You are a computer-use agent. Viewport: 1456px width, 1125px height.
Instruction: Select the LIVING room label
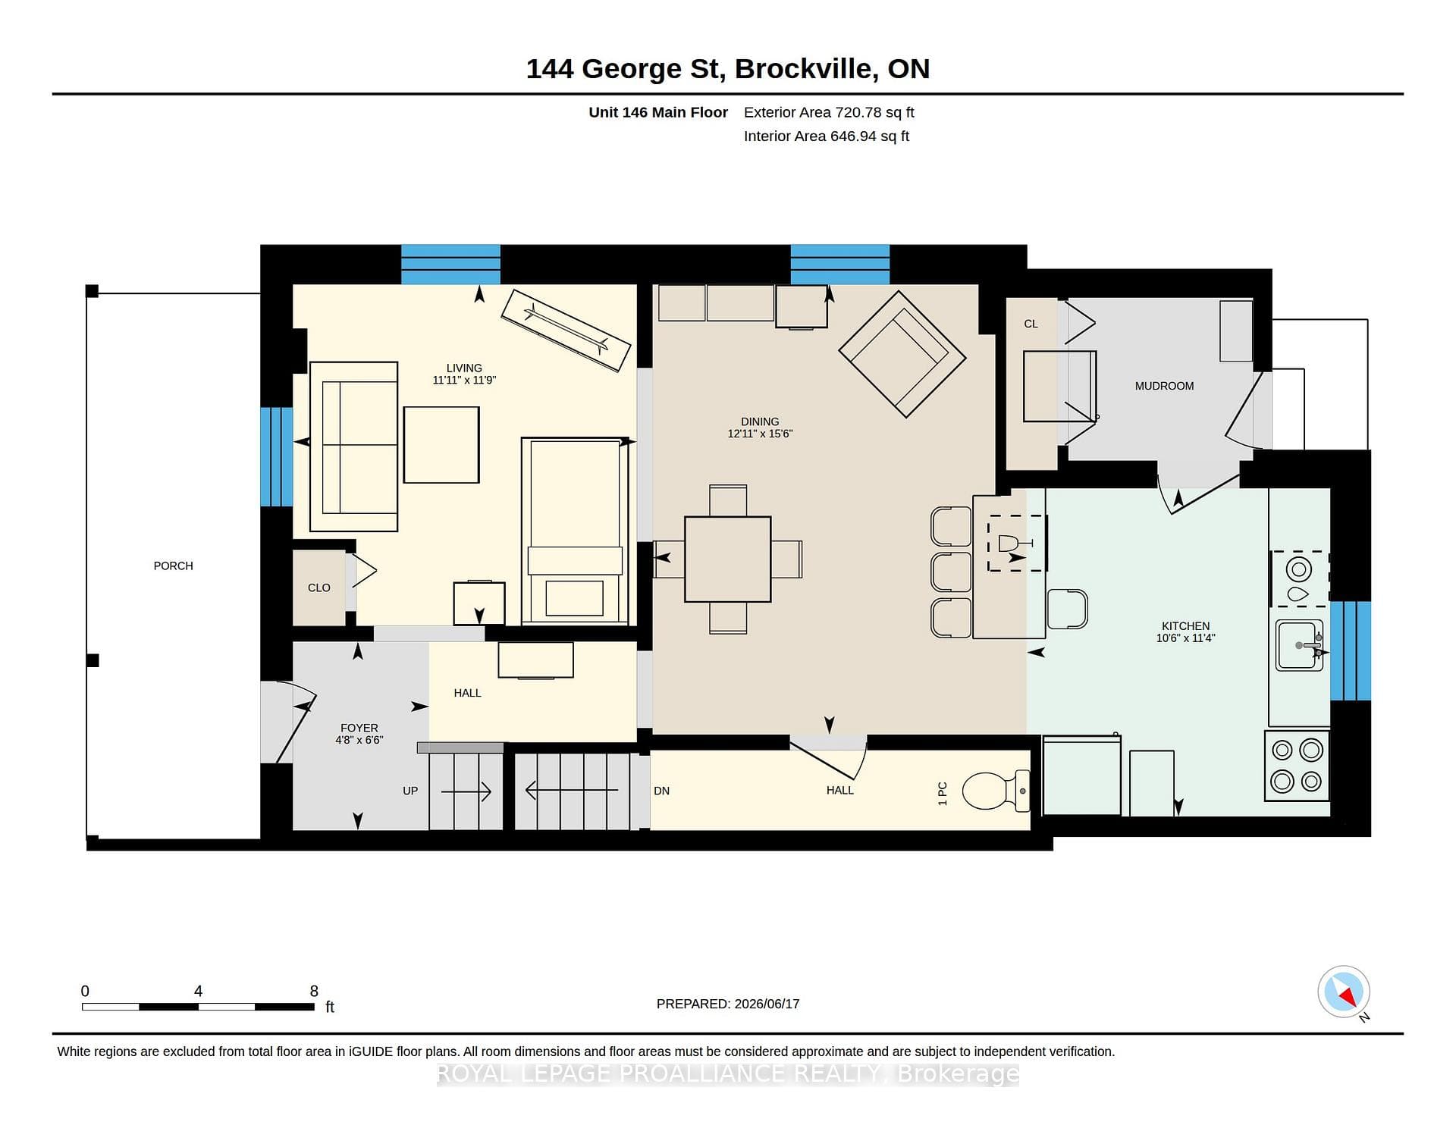[464, 368]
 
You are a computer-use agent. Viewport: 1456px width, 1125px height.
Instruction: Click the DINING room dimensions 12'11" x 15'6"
[760, 434]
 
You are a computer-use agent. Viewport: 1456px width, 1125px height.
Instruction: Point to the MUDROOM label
[1164, 386]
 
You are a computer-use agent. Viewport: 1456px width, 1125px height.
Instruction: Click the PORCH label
[173, 566]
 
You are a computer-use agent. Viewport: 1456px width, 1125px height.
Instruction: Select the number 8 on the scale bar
[314, 991]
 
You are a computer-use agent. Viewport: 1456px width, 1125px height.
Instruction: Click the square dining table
[727, 559]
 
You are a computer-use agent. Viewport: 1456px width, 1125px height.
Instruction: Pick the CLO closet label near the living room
[319, 588]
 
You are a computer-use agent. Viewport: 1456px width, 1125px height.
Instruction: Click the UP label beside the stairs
[410, 791]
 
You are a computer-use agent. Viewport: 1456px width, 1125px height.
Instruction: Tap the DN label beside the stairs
[661, 791]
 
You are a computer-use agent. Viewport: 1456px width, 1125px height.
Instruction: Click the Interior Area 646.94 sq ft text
[827, 136]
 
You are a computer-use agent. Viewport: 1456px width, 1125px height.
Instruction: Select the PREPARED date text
[728, 1004]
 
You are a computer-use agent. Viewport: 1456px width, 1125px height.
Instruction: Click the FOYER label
[359, 728]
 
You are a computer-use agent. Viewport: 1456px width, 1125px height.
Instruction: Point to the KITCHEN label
[1185, 626]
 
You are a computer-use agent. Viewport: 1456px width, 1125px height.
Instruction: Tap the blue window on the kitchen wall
[1351, 650]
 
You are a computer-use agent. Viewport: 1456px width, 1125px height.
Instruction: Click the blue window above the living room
[450, 265]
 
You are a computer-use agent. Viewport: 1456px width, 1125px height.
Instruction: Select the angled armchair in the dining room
[902, 354]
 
